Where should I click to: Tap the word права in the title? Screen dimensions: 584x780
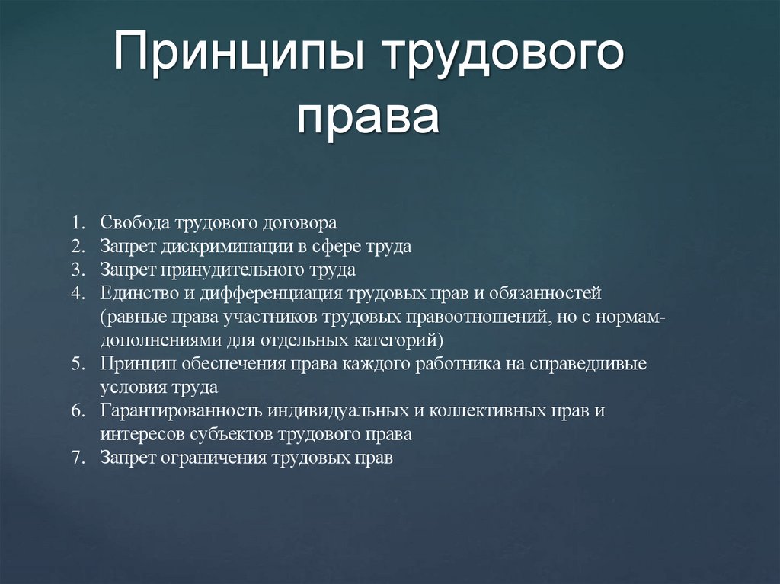(368, 117)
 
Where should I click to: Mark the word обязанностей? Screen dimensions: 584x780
(539, 293)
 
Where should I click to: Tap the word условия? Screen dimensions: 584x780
(130, 387)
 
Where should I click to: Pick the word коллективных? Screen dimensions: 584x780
(486, 410)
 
